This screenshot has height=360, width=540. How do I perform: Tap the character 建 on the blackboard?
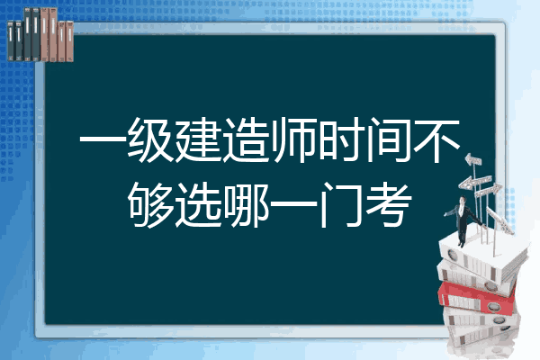click(198, 139)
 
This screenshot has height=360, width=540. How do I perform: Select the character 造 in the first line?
click(246, 139)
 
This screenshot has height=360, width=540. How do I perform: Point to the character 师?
click(293, 139)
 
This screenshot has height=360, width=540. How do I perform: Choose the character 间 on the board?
click(389, 139)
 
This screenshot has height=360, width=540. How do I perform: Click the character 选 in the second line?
click(198, 204)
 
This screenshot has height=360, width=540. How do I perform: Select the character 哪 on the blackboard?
click(246, 204)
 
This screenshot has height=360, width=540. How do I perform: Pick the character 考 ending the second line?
click(389, 204)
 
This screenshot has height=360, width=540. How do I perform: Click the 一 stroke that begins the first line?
click(103, 139)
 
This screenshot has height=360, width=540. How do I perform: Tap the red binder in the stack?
click(477, 298)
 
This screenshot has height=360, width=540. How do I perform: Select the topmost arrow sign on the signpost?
click(473, 160)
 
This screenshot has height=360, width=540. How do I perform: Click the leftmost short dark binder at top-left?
click(11, 40)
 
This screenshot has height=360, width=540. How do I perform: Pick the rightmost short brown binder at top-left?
click(69, 41)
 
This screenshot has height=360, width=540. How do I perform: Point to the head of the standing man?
click(463, 200)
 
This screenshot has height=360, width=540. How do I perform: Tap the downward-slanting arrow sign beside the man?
click(500, 220)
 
